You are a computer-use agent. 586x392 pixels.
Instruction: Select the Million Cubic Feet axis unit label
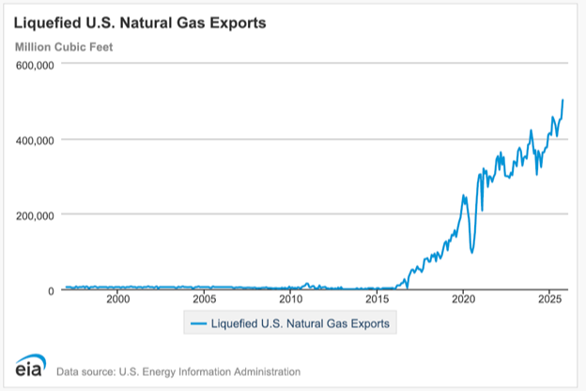point(63,46)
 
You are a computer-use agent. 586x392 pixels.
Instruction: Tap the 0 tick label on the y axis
point(52,290)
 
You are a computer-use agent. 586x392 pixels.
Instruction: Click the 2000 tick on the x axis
point(117,299)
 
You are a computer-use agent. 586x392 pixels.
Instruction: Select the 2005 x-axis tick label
point(204,299)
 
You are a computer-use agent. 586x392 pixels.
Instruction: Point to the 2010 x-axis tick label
point(290,299)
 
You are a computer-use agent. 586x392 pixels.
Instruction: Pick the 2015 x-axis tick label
point(377,299)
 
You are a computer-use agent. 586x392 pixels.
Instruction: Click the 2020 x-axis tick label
point(463,299)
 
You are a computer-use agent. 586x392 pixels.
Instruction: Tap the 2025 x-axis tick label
point(549,299)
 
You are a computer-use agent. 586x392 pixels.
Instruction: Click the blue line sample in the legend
point(197,323)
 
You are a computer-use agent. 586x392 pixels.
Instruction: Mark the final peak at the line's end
point(563,100)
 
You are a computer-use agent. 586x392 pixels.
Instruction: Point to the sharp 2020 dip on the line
point(472,252)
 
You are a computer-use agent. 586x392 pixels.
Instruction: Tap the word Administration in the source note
point(262,371)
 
